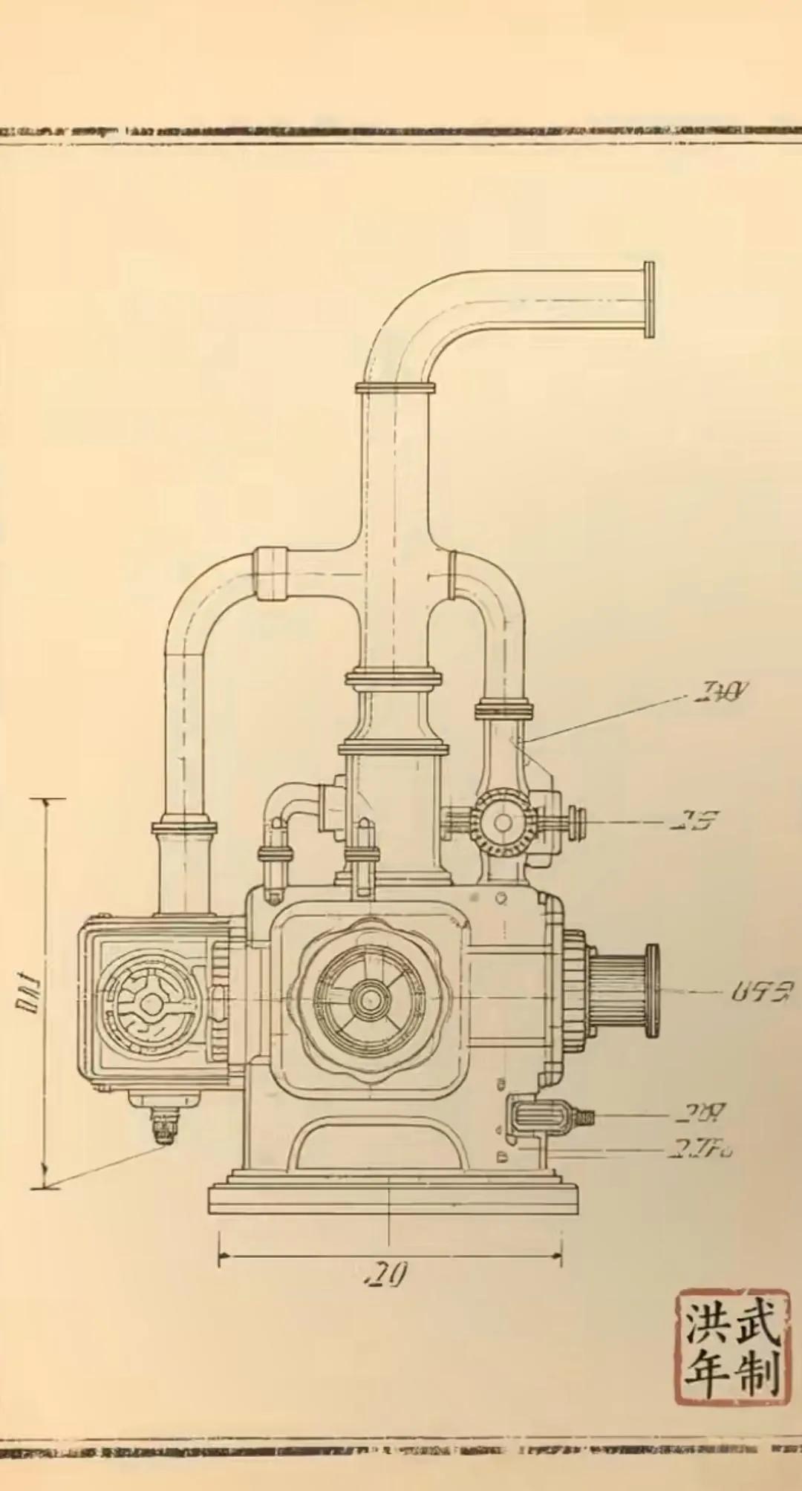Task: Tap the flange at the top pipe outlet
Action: point(649,300)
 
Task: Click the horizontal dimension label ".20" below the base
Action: point(387,1275)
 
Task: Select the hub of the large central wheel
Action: point(365,999)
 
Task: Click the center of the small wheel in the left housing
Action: point(152,1005)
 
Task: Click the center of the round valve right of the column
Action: point(503,822)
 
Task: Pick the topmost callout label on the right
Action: point(720,693)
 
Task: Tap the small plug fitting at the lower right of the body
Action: point(541,1115)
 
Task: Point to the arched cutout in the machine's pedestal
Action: point(378,1144)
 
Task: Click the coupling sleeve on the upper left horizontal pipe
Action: point(270,572)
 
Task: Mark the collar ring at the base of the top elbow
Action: point(394,388)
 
